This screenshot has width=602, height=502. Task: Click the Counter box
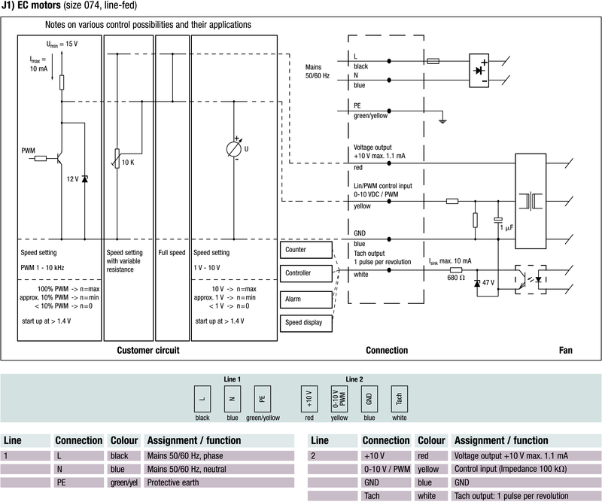coord(306,249)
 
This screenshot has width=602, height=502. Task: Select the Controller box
coord(306,273)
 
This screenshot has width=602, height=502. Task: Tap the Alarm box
coord(306,299)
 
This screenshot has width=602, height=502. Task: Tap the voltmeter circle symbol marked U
coord(234,148)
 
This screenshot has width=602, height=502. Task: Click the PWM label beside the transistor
coord(29,151)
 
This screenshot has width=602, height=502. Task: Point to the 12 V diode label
coord(72,178)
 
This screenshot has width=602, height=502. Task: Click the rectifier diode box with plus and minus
coord(479,68)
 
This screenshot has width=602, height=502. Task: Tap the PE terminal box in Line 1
coord(262,397)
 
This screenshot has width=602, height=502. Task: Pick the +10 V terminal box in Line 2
coord(307,397)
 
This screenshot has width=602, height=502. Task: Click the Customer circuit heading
coord(147,351)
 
